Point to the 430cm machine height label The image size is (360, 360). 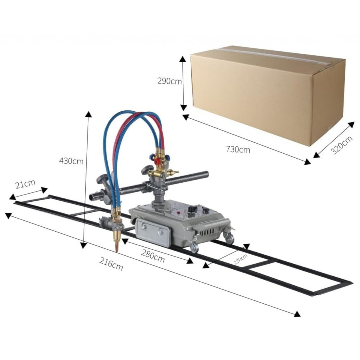71,161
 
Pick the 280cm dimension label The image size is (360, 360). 153,256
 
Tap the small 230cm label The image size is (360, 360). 240,259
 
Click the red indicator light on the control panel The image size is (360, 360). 179,213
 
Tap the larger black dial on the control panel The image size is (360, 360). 193,209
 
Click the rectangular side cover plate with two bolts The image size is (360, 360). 152,231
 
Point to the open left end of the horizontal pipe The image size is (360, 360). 92,196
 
